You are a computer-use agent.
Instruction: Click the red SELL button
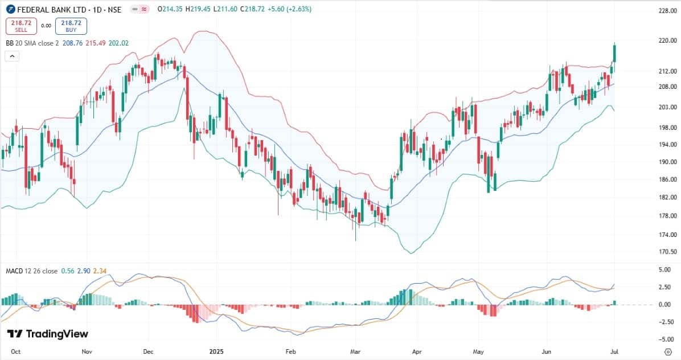click(21, 26)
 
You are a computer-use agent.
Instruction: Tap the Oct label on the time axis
click(16, 352)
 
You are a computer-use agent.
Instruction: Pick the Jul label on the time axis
click(614, 352)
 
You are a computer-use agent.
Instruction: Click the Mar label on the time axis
click(356, 352)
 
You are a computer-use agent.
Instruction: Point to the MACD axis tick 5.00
click(664, 269)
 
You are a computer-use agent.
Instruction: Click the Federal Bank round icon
click(10, 10)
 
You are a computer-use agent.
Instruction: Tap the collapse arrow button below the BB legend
click(12, 56)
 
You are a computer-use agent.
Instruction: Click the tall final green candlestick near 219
click(615, 53)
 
